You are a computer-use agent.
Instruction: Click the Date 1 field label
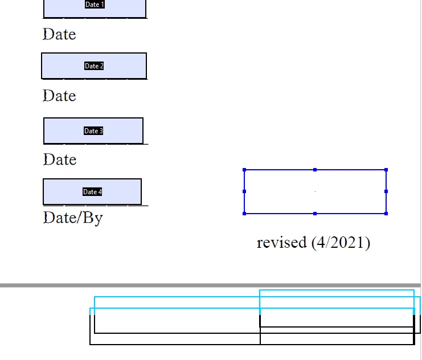coord(95,5)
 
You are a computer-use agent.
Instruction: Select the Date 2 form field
coord(94,66)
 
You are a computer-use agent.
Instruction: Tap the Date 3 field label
coord(93,131)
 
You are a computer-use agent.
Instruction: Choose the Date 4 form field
coord(92,192)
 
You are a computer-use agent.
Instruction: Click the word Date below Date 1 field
coord(59,34)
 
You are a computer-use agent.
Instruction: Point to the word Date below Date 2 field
coord(59,96)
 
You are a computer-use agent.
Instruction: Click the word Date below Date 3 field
coord(60,159)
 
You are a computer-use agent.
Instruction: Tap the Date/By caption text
coord(73,218)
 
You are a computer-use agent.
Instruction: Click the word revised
coord(282,242)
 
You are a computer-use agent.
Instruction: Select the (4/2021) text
coord(341,243)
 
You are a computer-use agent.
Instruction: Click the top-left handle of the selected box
coord(244,170)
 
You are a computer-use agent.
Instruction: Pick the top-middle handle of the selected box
coord(315,170)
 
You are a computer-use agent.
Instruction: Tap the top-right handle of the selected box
coord(386,170)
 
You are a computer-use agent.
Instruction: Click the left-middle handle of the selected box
coord(244,191)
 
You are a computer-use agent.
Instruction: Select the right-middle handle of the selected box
coord(386,191)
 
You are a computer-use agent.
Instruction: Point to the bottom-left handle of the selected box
coord(244,214)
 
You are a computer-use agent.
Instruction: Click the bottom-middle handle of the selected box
coord(315,214)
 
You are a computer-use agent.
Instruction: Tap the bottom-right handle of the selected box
coord(386,214)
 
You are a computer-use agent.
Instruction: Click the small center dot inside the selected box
coord(315,191)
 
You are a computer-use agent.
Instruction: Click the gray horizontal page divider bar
coord(210,285)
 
